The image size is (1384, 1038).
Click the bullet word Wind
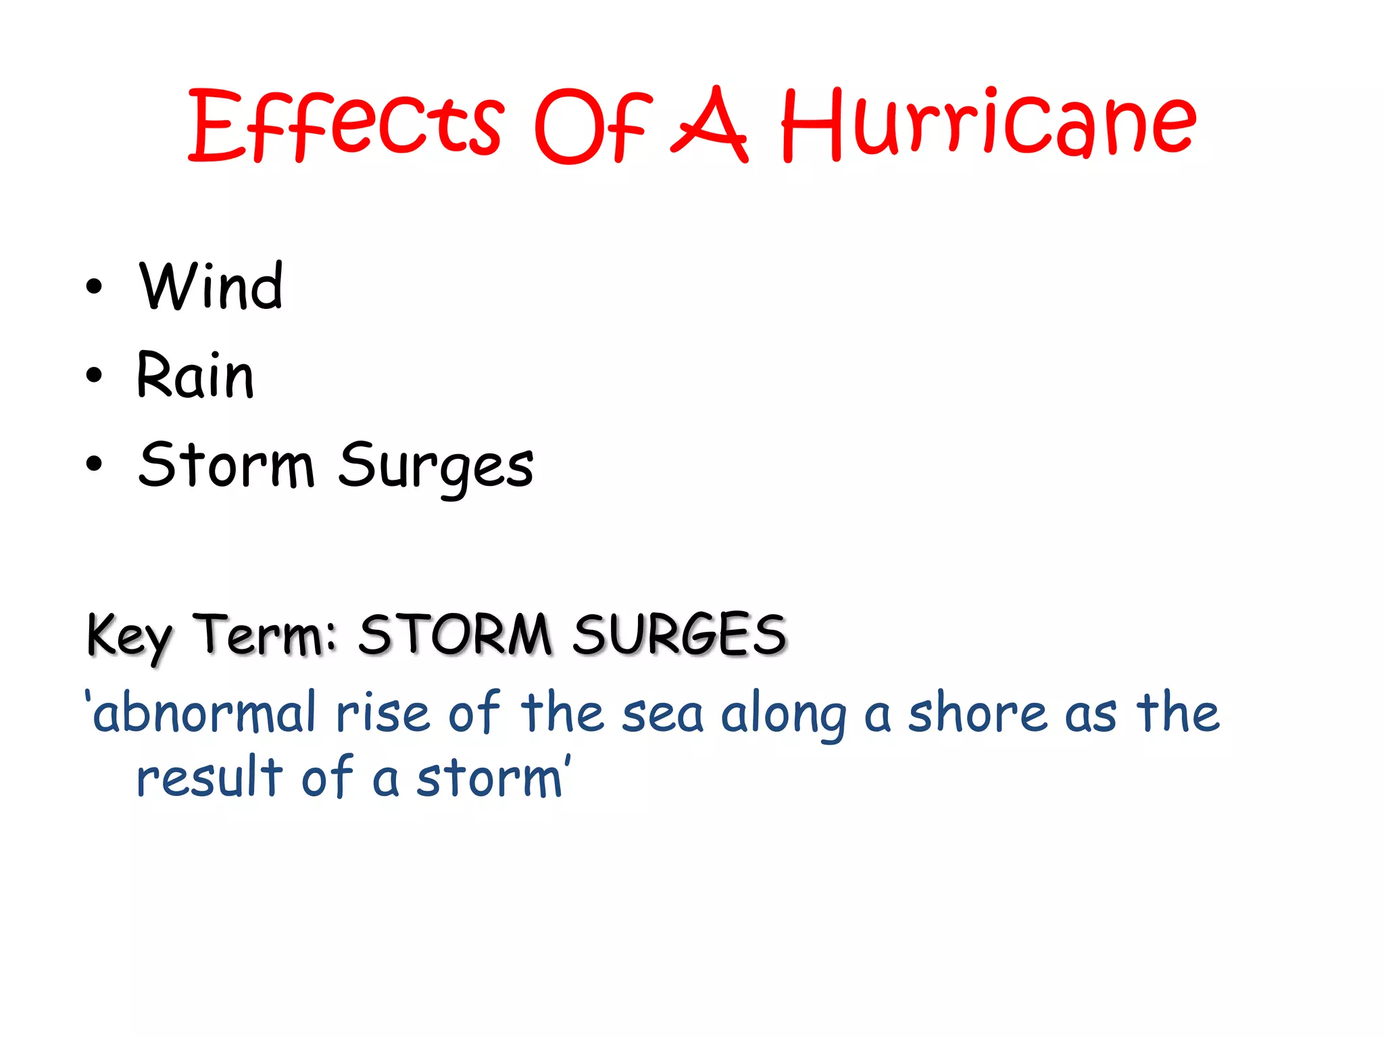(211, 287)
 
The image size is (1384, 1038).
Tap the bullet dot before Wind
(95, 287)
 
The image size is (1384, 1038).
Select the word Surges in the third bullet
(436, 466)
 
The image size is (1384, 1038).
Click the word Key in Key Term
(129, 635)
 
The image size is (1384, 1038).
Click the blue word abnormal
(203, 713)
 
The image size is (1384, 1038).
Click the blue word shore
(977, 713)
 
